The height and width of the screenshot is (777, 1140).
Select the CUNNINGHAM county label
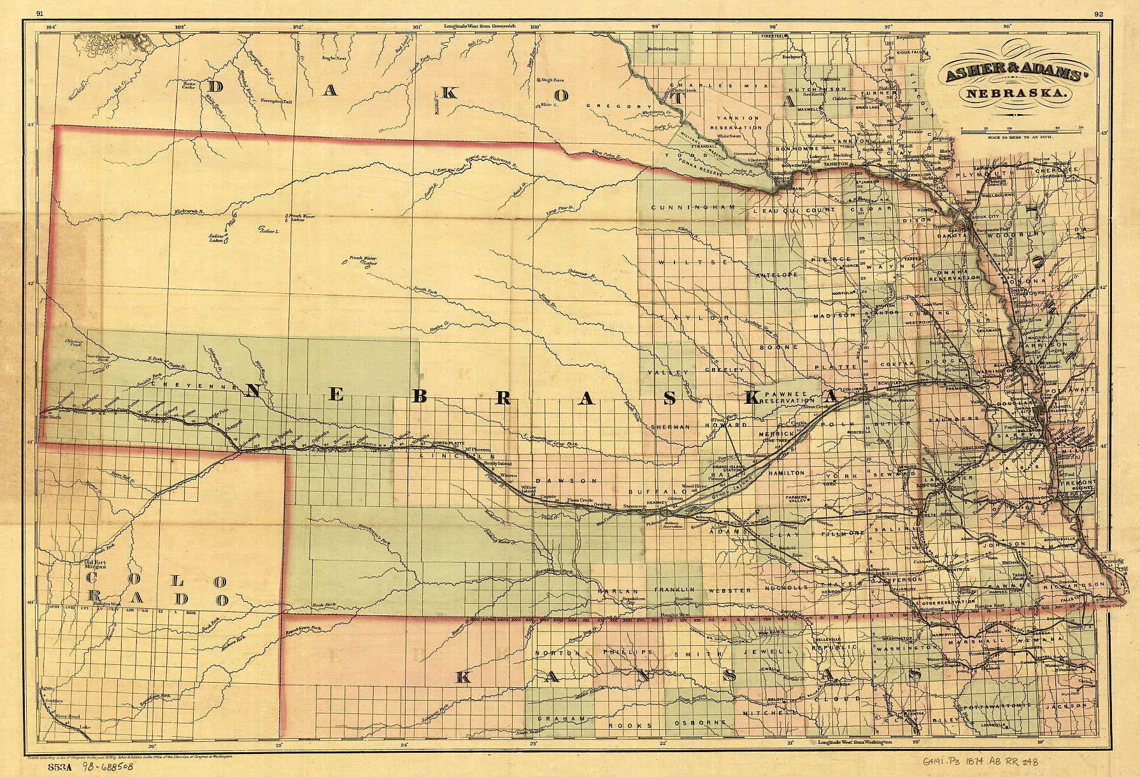[x=693, y=208]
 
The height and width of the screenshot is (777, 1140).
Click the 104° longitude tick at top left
[x=52, y=27]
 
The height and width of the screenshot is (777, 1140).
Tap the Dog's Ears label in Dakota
[x=548, y=80]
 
